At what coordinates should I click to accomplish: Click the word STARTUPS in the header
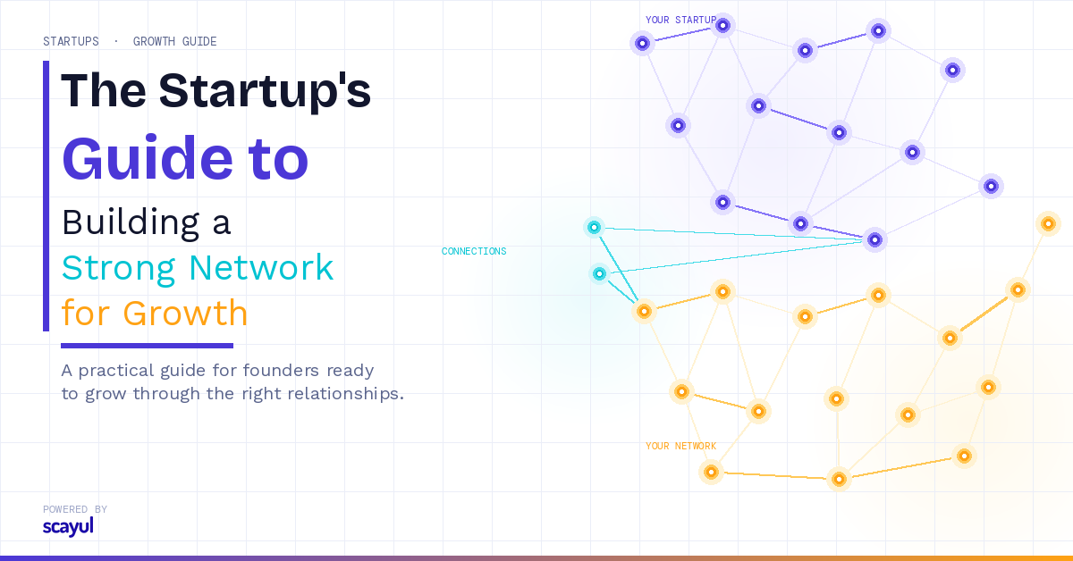[x=71, y=42]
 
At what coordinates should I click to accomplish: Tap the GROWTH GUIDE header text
[x=175, y=42]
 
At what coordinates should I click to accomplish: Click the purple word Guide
[x=148, y=158]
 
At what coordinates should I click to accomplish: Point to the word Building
[x=131, y=222]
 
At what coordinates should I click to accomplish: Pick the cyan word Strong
[x=119, y=269]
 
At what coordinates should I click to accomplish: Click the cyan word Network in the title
[x=261, y=268]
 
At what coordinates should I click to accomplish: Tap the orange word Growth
[x=185, y=314]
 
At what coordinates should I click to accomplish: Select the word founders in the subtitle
[x=281, y=371]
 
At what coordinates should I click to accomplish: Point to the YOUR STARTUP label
[x=680, y=21]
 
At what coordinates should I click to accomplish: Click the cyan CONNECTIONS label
[x=474, y=251]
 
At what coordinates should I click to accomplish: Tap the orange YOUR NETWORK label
[x=680, y=446]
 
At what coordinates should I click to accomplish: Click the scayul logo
[x=68, y=527]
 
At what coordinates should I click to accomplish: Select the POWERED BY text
[x=75, y=509]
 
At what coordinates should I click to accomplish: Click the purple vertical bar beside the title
[x=46, y=196]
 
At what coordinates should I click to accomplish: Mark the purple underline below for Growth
[x=147, y=346]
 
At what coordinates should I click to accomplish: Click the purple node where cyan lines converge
[x=874, y=239]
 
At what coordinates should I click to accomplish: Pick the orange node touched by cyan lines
[x=645, y=312]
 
